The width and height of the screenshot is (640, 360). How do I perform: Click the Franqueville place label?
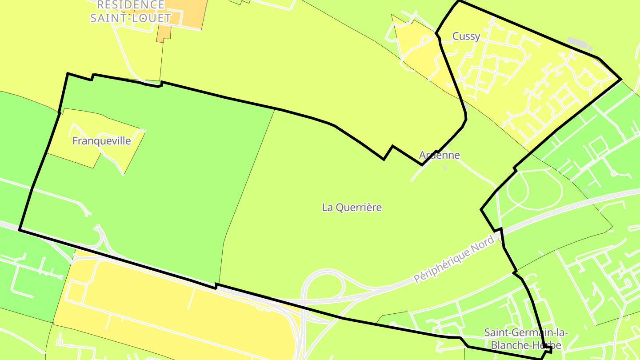pos(101,141)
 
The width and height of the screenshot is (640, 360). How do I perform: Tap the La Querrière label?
pos(352,207)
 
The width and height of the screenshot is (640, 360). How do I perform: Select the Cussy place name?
pos(466,36)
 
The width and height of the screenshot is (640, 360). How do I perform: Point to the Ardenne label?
pos(439,155)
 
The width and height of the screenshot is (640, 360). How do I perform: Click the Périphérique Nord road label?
pos(454,260)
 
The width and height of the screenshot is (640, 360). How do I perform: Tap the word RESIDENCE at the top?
pos(130,5)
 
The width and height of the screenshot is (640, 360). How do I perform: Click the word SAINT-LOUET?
pos(130,18)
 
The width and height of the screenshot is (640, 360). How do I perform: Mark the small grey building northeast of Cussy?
pos(580,44)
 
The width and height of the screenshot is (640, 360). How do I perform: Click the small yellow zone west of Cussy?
pos(416,49)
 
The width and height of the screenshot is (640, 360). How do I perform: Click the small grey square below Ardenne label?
pos(445,168)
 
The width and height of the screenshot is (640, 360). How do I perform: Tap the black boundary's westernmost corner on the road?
pos(20,229)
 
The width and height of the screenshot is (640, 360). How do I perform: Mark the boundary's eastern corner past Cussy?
pos(620,80)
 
